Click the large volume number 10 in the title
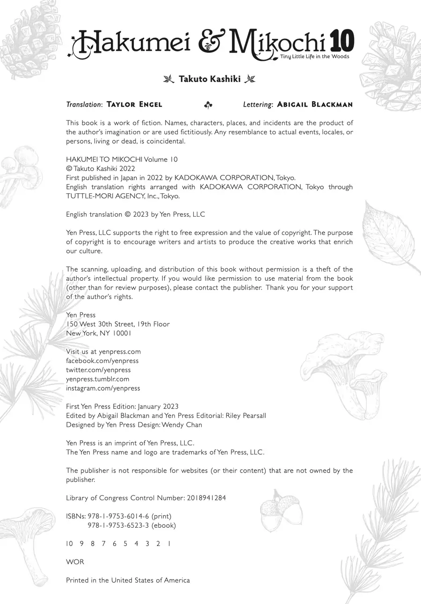pyautogui.click(x=342, y=41)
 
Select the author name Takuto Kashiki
pyautogui.click(x=210, y=79)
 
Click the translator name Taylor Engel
pyautogui.click(x=134, y=104)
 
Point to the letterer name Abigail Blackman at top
pyautogui.click(x=315, y=104)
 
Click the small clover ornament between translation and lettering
pyautogui.click(x=208, y=105)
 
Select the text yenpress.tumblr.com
pyautogui.click(x=97, y=379)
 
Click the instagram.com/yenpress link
pyautogui.click(x=103, y=388)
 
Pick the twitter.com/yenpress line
pyautogui.click(x=98, y=370)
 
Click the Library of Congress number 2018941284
pyautogui.click(x=206, y=498)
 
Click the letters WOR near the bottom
pyautogui.click(x=75, y=562)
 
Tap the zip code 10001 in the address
pyautogui.click(x=122, y=333)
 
